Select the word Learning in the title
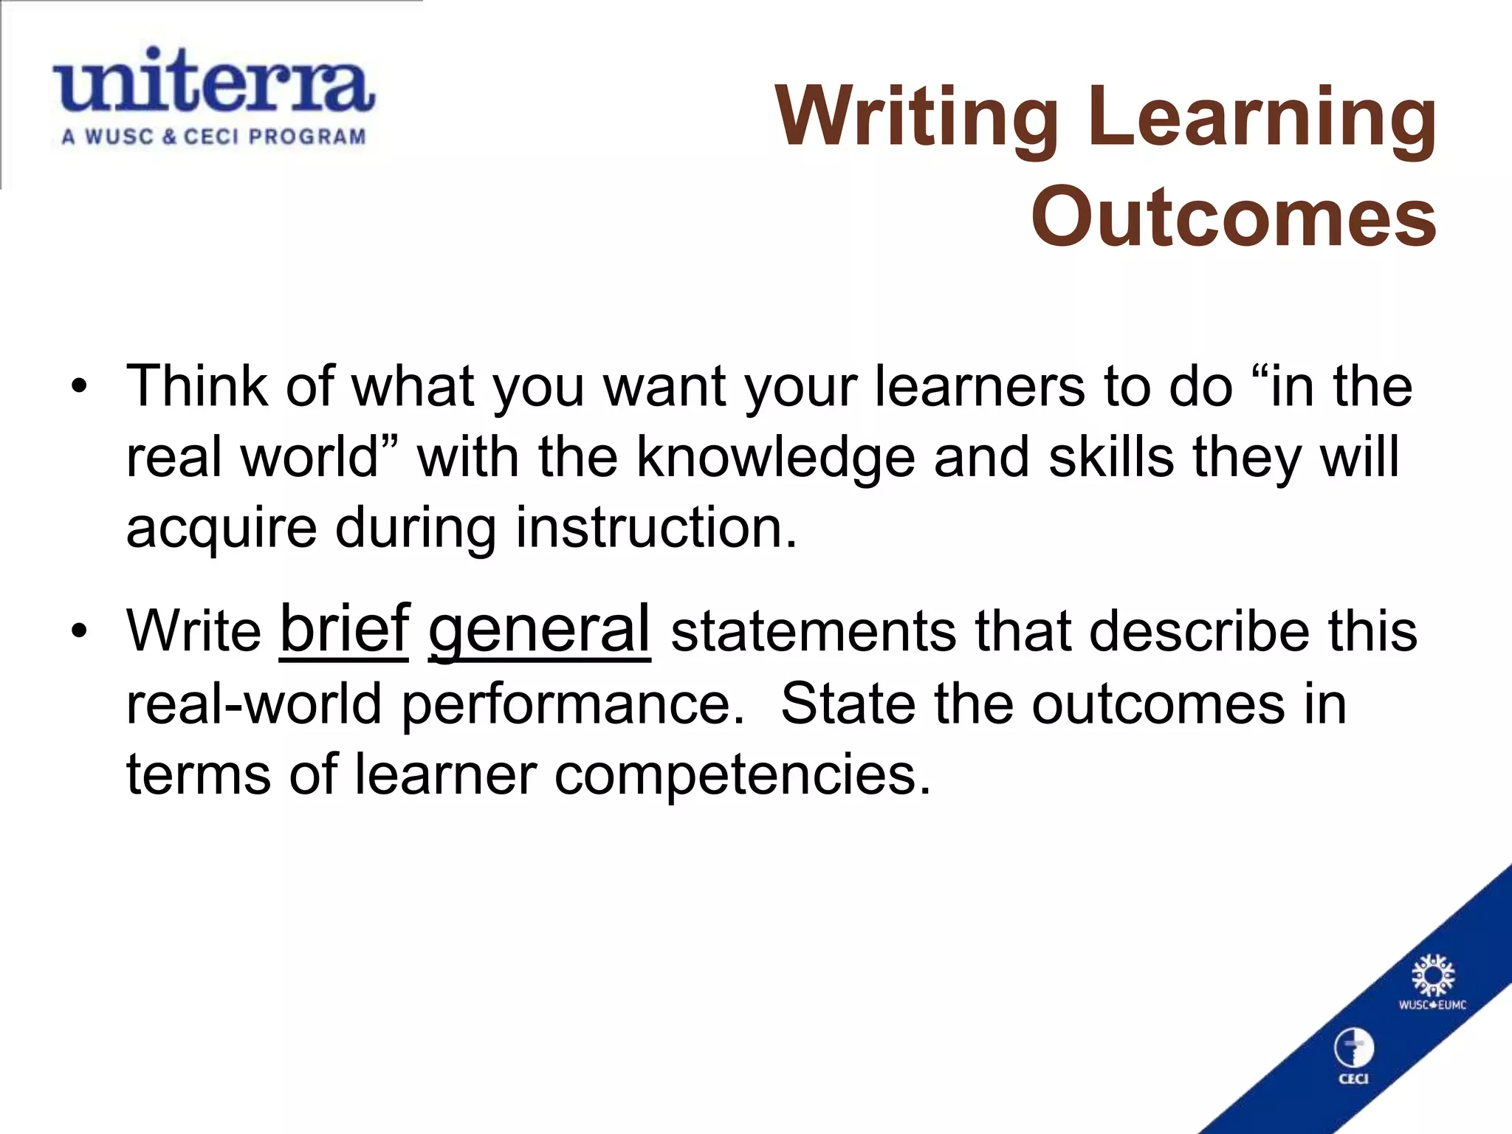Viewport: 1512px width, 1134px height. tap(1262, 118)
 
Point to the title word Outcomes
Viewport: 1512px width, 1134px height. tap(1234, 216)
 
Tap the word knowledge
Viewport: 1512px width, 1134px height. tap(775, 457)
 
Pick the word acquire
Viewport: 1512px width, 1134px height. tap(221, 529)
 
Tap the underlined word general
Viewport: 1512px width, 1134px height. tap(540, 629)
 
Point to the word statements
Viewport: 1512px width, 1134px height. tap(813, 632)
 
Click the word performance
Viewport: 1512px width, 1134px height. tap(573, 704)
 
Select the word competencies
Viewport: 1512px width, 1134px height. tap(743, 775)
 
